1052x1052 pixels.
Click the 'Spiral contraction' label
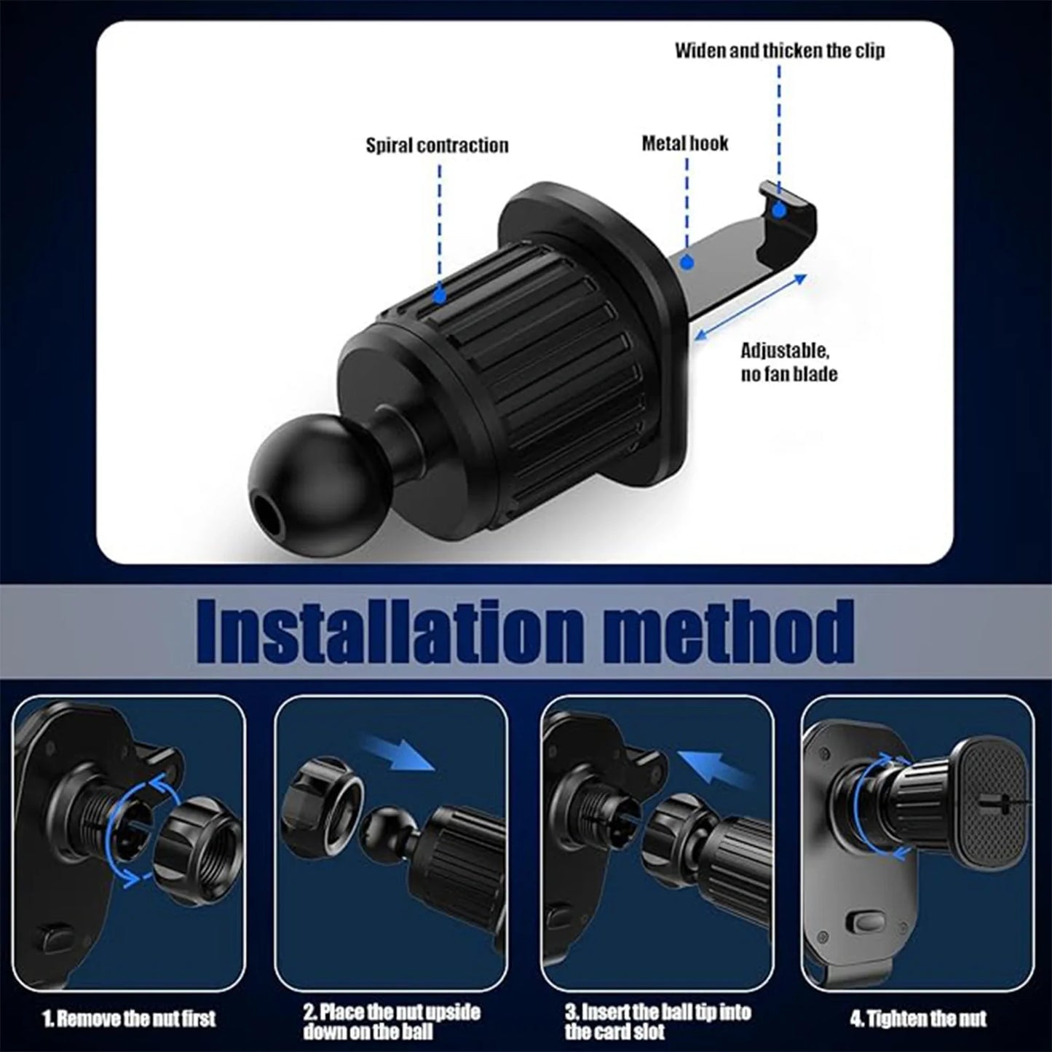[x=437, y=145]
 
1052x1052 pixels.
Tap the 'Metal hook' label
[x=684, y=143]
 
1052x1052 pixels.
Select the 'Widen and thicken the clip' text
[x=780, y=50]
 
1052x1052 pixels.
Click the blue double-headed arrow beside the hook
[x=750, y=308]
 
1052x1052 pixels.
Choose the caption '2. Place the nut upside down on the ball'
[x=391, y=1021]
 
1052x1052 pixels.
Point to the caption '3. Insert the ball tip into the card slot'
[x=657, y=1021]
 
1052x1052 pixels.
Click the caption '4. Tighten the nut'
[x=918, y=1017]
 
